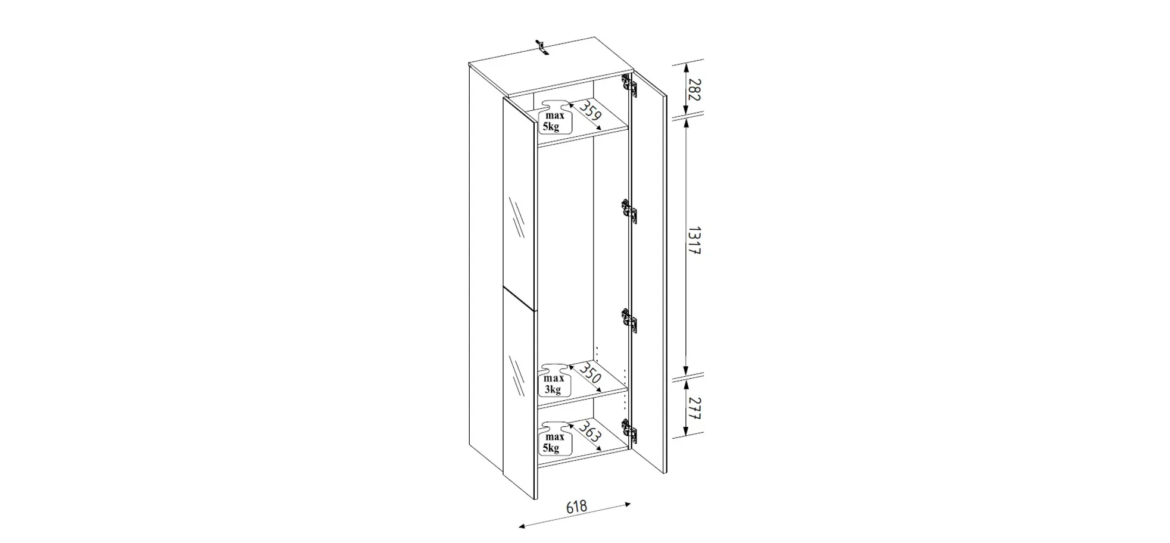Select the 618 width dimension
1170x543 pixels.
pos(576,507)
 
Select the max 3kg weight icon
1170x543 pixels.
pos(554,381)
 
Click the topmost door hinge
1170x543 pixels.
pos(629,85)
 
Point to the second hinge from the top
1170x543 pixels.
pos(630,211)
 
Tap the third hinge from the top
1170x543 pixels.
pos(630,321)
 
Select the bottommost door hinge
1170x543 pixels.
pos(630,430)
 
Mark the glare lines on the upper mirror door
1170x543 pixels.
pos(516,217)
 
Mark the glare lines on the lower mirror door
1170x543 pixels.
pos(516,376)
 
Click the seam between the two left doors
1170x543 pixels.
pos(520,298)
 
